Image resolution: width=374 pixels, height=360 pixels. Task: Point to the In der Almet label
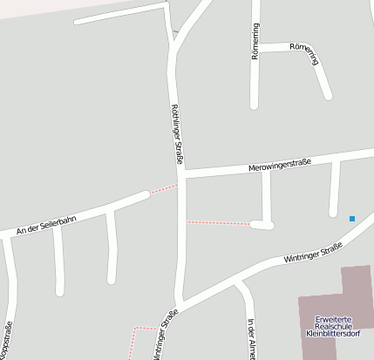251,338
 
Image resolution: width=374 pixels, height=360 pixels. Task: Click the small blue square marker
352,218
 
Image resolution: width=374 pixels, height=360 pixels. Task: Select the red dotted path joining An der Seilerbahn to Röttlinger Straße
163,189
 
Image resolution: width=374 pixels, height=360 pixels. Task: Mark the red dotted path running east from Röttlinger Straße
218,223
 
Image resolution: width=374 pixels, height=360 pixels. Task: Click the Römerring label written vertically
255,41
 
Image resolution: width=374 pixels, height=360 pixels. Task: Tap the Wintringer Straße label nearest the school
312,255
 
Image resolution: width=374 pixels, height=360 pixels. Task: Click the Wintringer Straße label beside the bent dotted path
165,335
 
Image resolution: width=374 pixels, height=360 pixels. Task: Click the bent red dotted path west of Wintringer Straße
134,336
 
